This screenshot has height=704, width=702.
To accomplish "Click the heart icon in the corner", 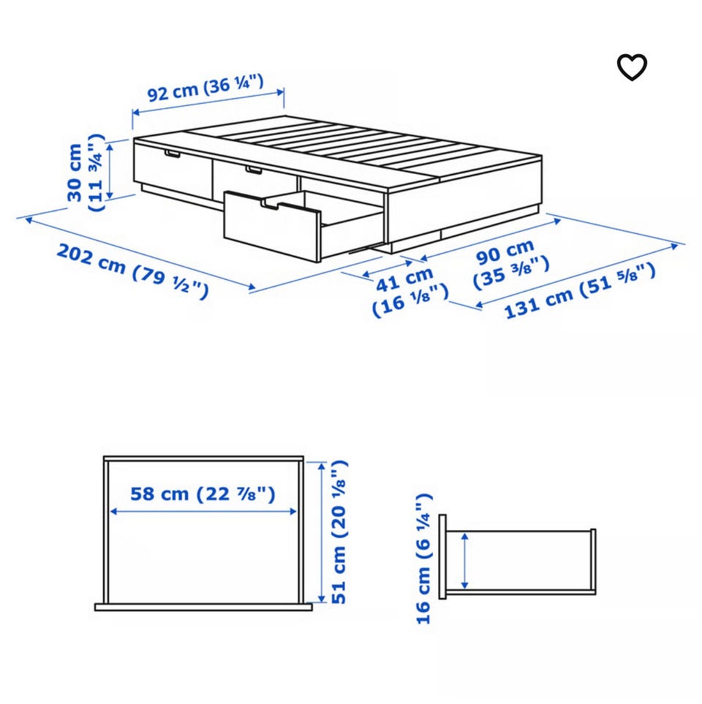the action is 632,67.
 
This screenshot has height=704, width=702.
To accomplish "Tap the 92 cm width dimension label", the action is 205,88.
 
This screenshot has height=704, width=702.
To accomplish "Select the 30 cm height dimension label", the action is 85,173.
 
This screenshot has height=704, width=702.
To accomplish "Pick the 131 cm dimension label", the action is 580,291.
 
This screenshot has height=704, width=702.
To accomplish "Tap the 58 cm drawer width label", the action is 203,494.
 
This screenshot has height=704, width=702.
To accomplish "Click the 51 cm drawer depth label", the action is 339,532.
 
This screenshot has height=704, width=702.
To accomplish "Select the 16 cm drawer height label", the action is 423,559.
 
